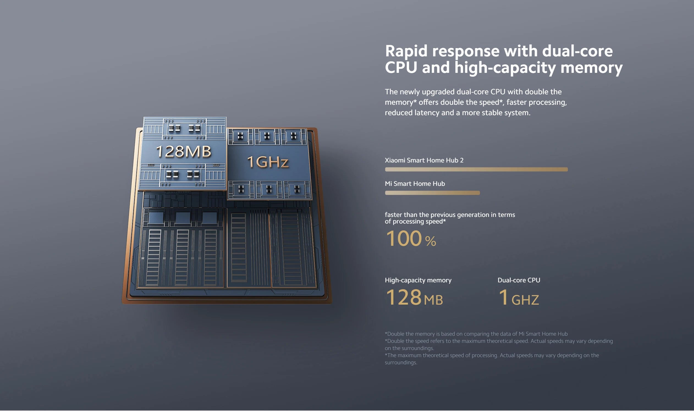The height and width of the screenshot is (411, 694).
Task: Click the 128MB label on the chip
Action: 183,151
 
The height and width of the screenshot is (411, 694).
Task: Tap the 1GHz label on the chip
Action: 268,162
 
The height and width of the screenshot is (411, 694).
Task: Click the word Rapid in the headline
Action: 406,51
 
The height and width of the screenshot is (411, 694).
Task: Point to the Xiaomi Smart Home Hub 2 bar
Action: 476,170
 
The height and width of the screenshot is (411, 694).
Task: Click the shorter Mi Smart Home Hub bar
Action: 432,193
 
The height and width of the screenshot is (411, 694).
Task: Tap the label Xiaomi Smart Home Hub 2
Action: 424,160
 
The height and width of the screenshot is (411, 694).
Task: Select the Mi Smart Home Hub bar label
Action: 415,184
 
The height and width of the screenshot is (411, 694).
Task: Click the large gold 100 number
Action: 404,238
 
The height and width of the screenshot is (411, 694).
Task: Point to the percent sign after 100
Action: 431,241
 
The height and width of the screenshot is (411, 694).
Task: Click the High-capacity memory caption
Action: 418,280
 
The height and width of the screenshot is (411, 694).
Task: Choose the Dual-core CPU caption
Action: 519,280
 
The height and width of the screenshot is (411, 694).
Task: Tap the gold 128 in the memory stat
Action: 403,297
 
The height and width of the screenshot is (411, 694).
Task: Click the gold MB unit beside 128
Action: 433,300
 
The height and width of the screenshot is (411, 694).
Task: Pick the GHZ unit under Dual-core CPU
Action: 525,300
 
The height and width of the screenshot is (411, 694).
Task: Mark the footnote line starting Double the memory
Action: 476,334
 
